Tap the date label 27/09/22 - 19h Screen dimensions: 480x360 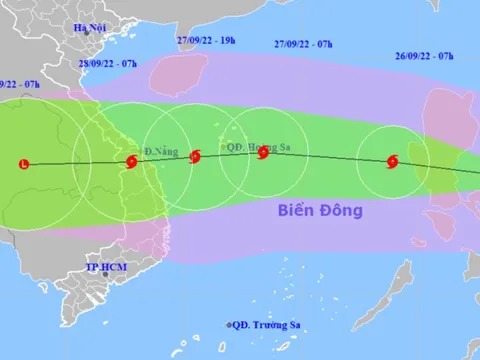pos(204,41)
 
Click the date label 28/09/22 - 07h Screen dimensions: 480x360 pos(108,64)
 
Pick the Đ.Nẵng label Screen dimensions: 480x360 pos(160,152)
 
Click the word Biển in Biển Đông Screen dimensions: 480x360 pos(297,211)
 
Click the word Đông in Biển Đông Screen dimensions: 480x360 pos(342,211)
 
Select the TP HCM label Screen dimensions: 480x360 pos(103,269)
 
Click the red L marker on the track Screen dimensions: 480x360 pos(25,163)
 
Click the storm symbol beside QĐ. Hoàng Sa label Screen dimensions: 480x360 pos(263,154)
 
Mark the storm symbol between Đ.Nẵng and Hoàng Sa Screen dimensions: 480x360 pos(195,156)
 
